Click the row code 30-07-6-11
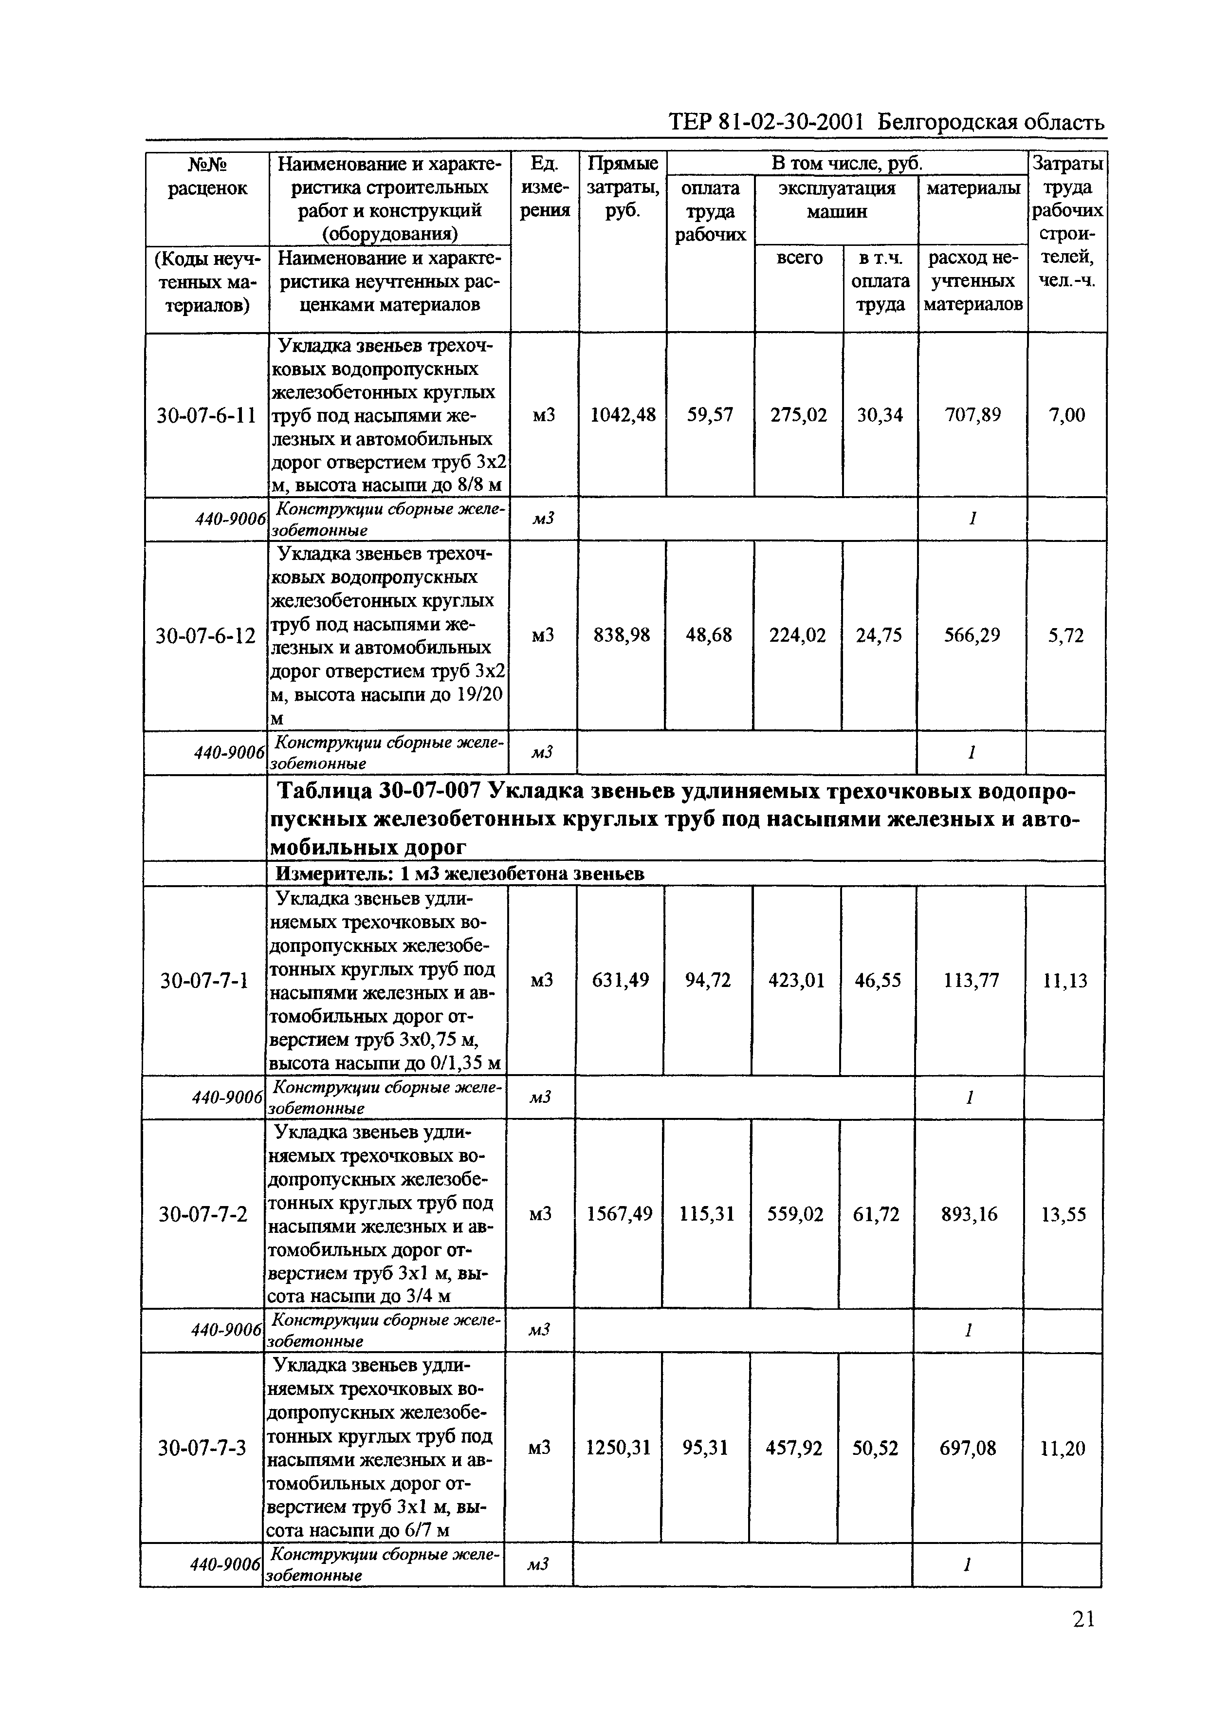point(206,415)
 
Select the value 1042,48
point(623,415)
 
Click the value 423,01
point(796,980)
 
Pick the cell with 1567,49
point(620,1214)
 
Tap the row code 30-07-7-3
point(202,1448)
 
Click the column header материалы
point(972,188)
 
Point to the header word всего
point(799,258)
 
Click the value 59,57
point(710,415)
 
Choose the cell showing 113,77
point(971,980)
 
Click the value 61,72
point(876,1214)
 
